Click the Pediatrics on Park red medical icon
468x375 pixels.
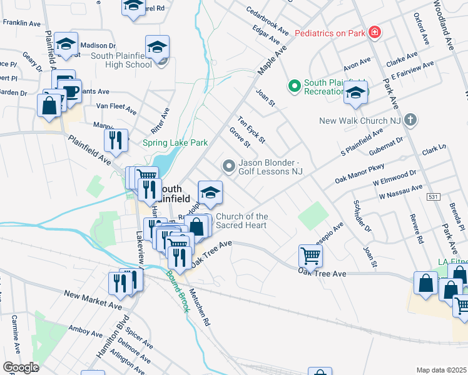(x=374, y=32)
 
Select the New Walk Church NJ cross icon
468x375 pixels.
(x=410, y=119)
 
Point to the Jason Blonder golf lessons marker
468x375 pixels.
(x=229, y=166)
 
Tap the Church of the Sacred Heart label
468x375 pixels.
(x=242, y=221)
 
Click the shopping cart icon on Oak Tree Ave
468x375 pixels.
(x=310, y=254)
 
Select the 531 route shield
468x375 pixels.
(x=434, y=197)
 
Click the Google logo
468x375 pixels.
(x=21, y=367)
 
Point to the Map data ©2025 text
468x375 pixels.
(x=441, y=370)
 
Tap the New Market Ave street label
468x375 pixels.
(x=93, y=300)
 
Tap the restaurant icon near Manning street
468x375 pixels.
(x=116, y=140)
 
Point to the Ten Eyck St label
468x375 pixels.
(x=251, y=129)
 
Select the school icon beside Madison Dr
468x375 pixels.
(x=66, y=44)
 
